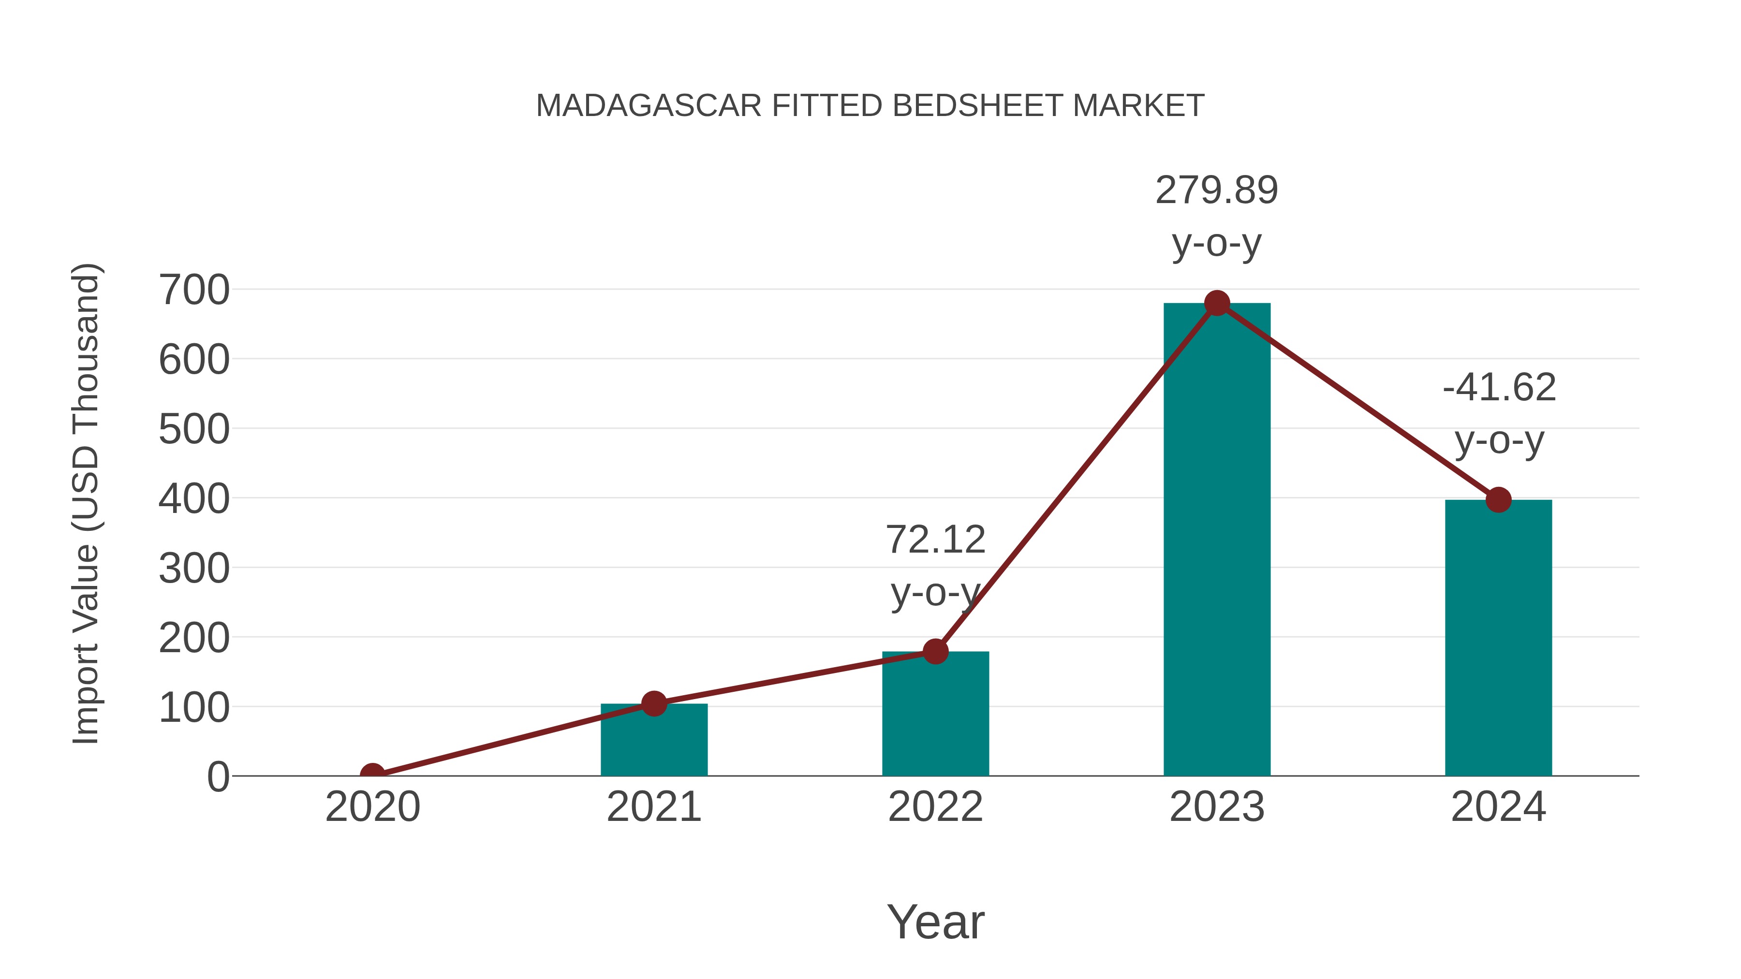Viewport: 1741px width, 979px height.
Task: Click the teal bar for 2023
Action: (1217, 541)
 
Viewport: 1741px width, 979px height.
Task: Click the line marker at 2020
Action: (372, 774)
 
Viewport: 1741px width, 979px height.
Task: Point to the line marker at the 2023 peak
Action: (1217, 303)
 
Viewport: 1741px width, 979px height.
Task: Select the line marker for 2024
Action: (1498, 500)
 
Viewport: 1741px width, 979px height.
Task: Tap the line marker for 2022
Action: (935, 651)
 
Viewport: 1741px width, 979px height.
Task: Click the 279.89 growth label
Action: (1217, 190)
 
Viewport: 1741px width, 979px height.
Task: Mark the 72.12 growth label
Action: (935, 540)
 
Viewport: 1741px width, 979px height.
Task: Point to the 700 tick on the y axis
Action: (194, 291)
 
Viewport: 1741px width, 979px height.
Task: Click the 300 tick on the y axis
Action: (194, 569)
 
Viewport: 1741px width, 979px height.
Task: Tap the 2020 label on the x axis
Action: (372, 807)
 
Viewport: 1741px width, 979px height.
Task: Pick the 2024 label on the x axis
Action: (1498, 807)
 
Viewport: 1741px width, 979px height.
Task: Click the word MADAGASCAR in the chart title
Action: (649, 106)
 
